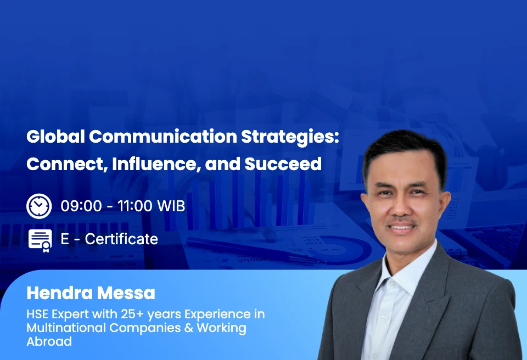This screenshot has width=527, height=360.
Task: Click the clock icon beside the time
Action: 39,206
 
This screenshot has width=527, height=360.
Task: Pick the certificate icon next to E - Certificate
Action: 40,239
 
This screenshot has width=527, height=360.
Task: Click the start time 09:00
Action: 81,206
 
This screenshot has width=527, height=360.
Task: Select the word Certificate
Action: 121,239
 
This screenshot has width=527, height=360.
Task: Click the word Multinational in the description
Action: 58,328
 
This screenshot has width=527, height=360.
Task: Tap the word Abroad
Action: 49,341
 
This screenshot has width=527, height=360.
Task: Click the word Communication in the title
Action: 164,137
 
